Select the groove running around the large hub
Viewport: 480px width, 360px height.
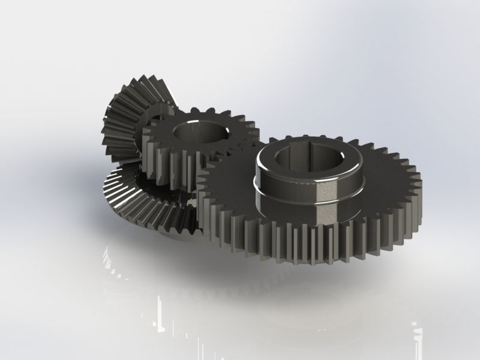(x=282, y=192)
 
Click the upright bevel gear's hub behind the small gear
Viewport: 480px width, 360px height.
(x=159, y=112)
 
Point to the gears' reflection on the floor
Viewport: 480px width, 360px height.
(x=240, y=300)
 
